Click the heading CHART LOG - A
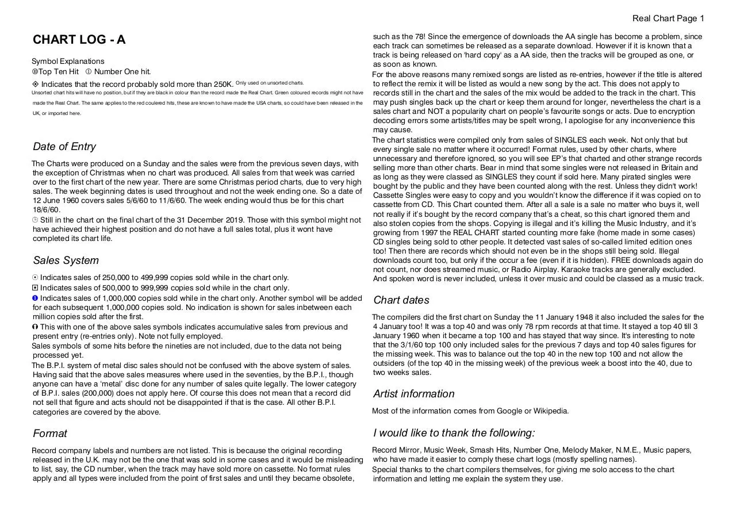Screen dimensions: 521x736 click(79, 40)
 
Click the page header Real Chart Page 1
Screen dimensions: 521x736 click(668, 18)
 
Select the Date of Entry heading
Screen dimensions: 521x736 click(64, 147)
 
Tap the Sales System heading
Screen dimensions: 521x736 click(66, 260)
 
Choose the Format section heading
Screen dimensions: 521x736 click(49, 434)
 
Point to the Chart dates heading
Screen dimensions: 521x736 click(401, 300)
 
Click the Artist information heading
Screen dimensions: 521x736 click(413, 394)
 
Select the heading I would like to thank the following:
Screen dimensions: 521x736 click(454, 433)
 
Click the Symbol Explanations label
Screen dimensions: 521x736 click(68, 62)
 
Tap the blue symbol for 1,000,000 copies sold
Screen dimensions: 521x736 click(35, 298)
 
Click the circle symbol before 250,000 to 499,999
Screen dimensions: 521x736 click(35, 278)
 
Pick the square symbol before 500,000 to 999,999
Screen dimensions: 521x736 click(35, 288)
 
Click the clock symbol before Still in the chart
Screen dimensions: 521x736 click(35, 220)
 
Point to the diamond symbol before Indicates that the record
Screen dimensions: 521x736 click(36, 85)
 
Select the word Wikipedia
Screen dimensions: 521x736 click(551, 411)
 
